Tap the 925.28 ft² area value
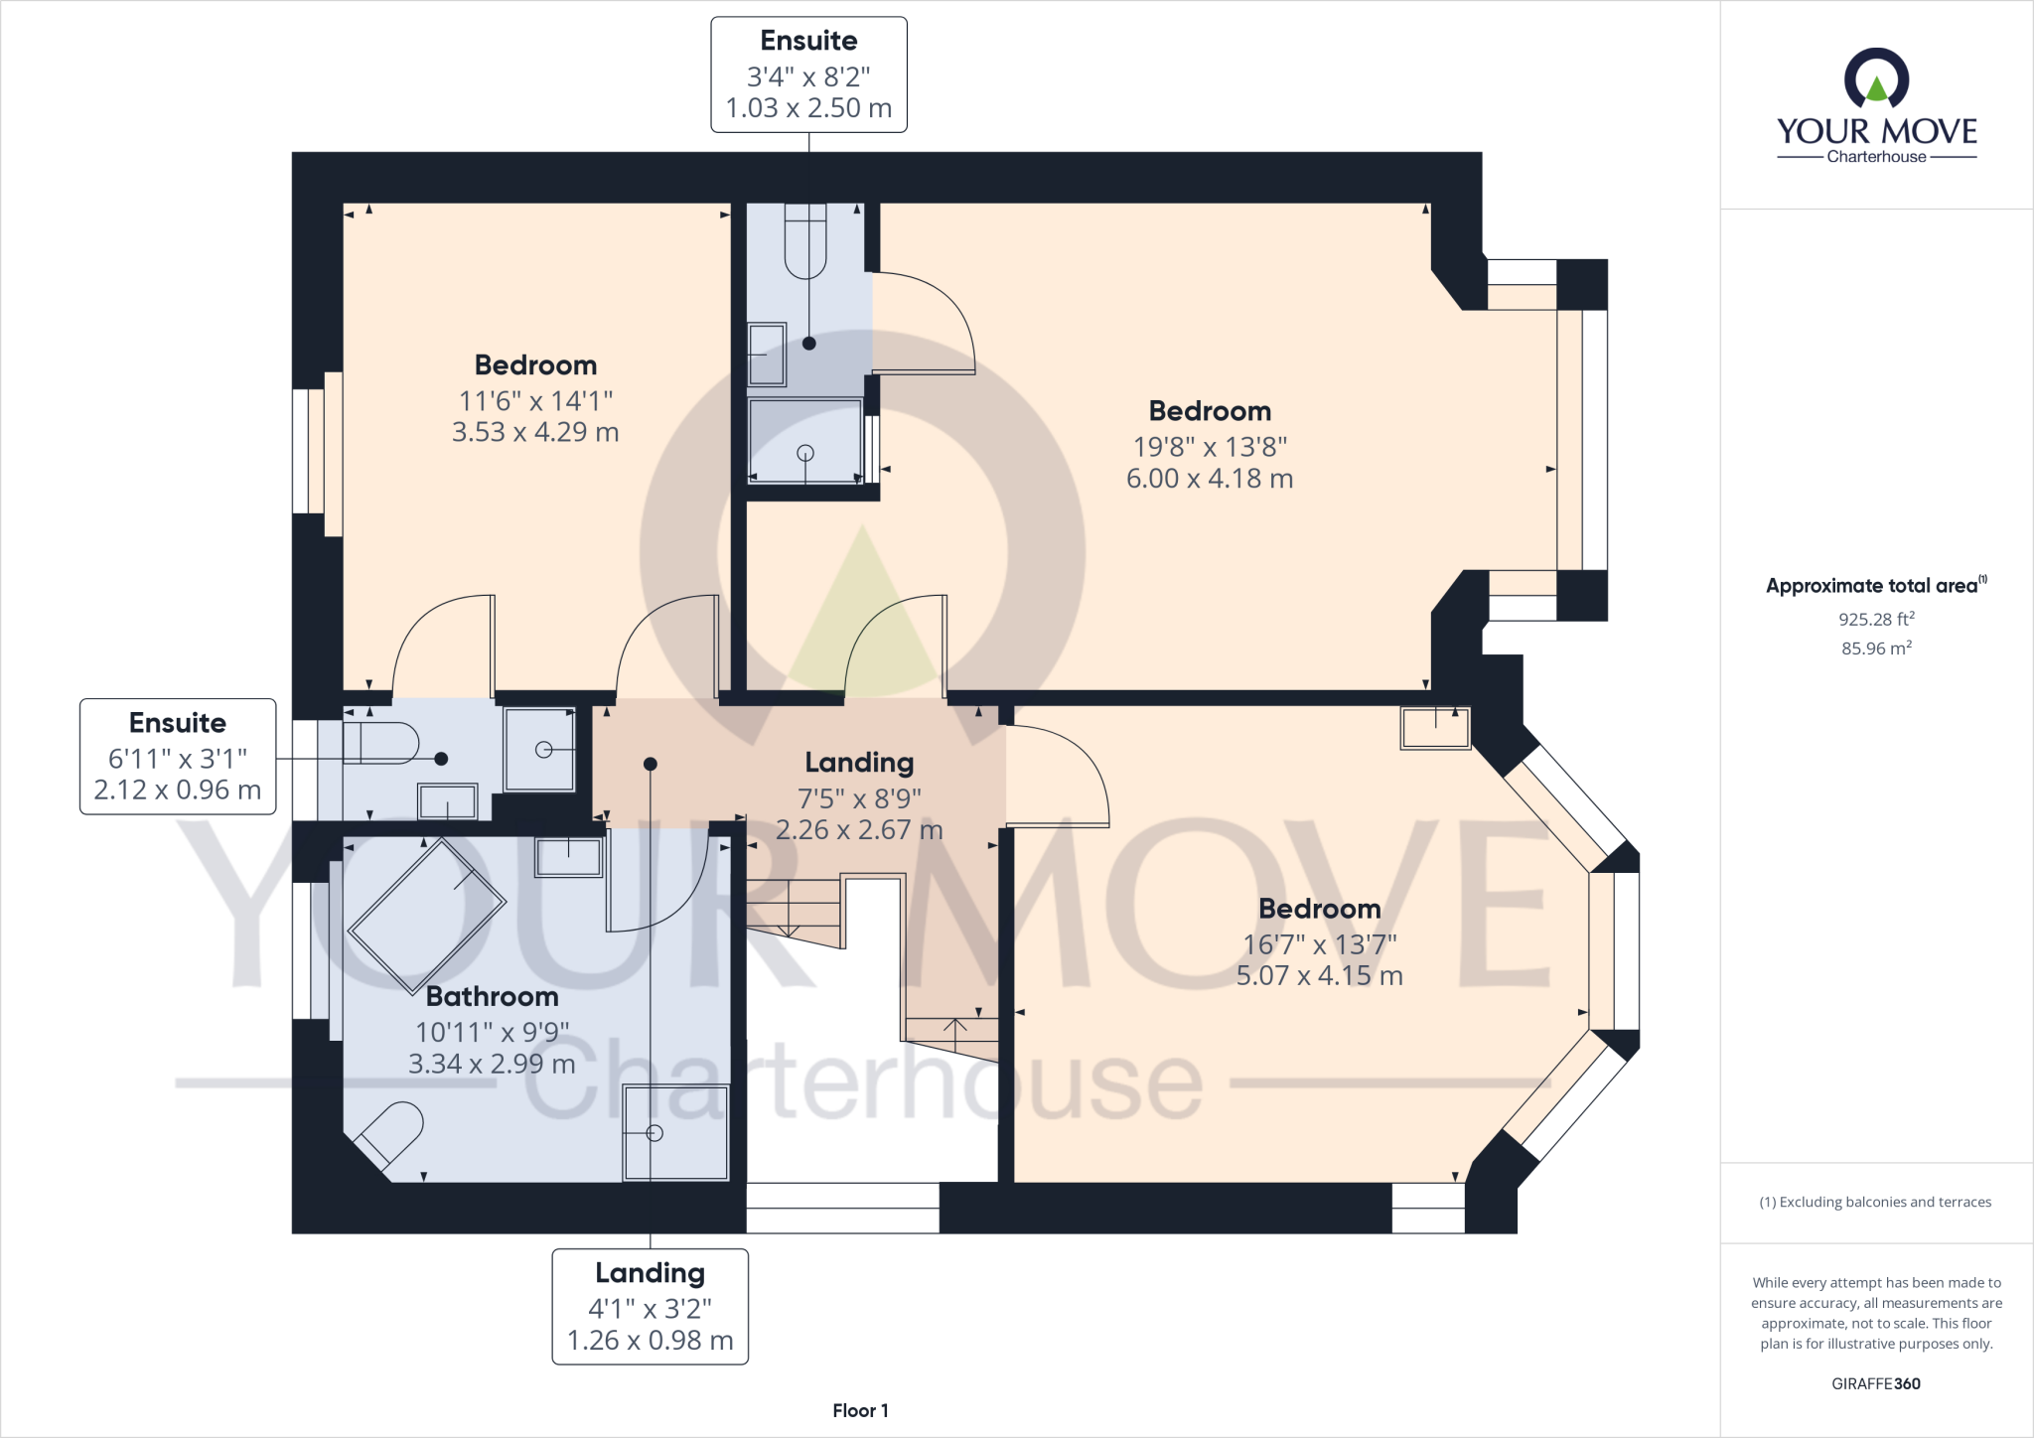(x=1876, y=619)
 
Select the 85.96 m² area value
(x=1876, y=648)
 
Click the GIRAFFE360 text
(x=1875, y=1383)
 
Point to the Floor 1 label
(x=860, y=1410)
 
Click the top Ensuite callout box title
(x=808, y=41)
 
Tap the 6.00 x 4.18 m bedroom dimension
(x=1209, y=479)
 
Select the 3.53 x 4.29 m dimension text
(x=535, y=432)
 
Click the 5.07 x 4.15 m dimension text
(x=1319, y=975)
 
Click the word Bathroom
(x=492, y=996)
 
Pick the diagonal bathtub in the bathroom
(x=426, y=915)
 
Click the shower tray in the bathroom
(x=675, y=1132)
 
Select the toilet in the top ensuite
(x=805, y=239)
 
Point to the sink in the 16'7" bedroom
(x=1435, y=728)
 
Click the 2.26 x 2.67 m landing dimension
(x=859, y=829)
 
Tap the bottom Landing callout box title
(x=650, y=1273)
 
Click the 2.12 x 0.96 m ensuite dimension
(x=178, y=790)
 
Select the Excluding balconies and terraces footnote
(x=1875, y=1202)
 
